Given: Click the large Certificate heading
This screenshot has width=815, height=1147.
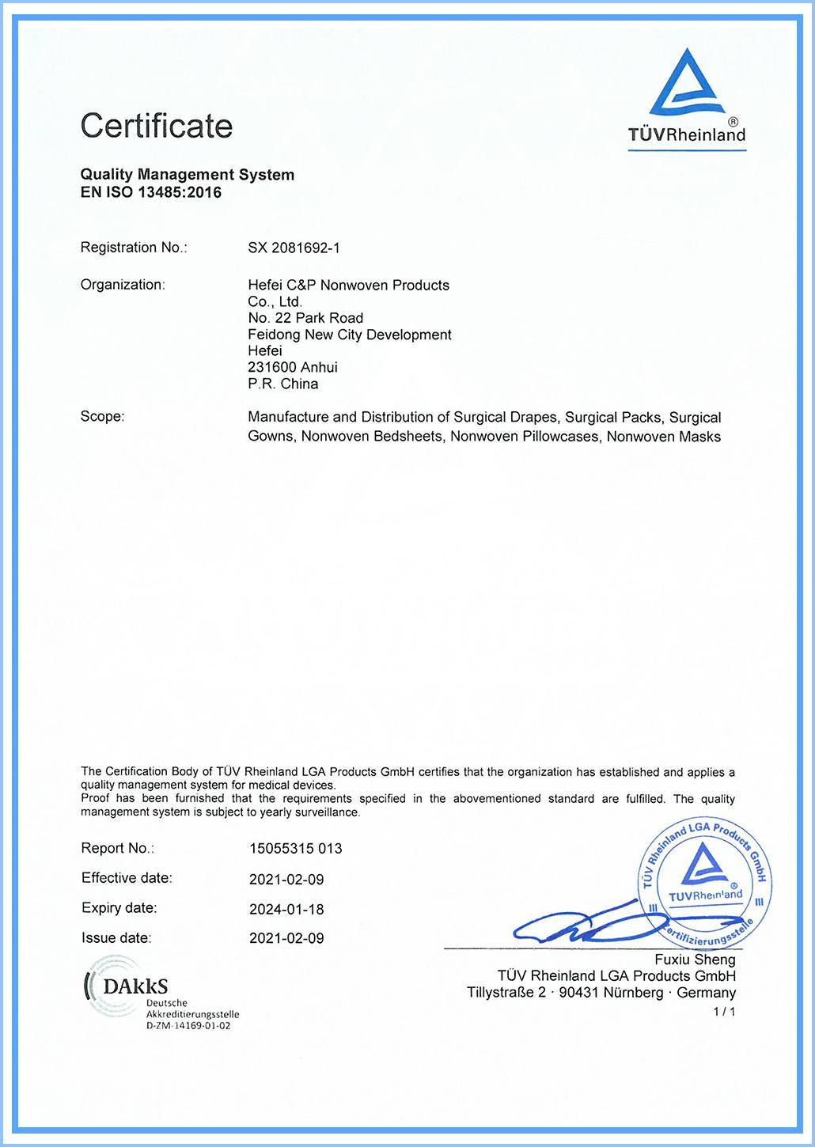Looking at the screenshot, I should pos(156,126).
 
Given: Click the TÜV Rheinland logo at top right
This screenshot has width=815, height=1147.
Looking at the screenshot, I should pos(687,98).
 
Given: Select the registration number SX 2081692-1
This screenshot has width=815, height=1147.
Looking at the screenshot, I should pos(294,248).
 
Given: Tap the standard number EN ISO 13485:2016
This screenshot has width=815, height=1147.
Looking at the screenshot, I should pos(150,192).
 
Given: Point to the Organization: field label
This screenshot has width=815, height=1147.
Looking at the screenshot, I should pos(123,285).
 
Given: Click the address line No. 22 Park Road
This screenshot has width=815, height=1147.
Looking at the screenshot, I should pos(305,318).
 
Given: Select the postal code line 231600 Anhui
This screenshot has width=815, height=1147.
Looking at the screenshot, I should pos(292,367).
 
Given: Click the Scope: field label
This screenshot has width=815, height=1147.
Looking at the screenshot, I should pos(102,416).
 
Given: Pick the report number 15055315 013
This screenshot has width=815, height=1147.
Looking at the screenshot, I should pos(295,849).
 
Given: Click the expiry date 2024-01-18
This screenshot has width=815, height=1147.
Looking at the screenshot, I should pos(286,909).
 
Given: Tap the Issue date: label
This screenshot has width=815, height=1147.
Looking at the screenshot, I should pos(116,938).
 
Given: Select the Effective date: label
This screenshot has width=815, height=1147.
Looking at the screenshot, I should pos(127,878).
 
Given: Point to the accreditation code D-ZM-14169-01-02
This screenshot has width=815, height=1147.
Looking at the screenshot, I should pos(188,1026).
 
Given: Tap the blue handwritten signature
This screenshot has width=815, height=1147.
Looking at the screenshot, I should pos(586,922).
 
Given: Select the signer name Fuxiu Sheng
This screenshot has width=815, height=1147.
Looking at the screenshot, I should pos(695,960).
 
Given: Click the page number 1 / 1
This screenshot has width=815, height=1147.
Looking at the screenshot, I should pos(724,1012).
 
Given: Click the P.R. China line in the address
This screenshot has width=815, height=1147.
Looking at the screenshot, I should pos(282,384).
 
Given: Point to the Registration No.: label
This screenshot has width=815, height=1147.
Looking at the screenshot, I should pos(134,248).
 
